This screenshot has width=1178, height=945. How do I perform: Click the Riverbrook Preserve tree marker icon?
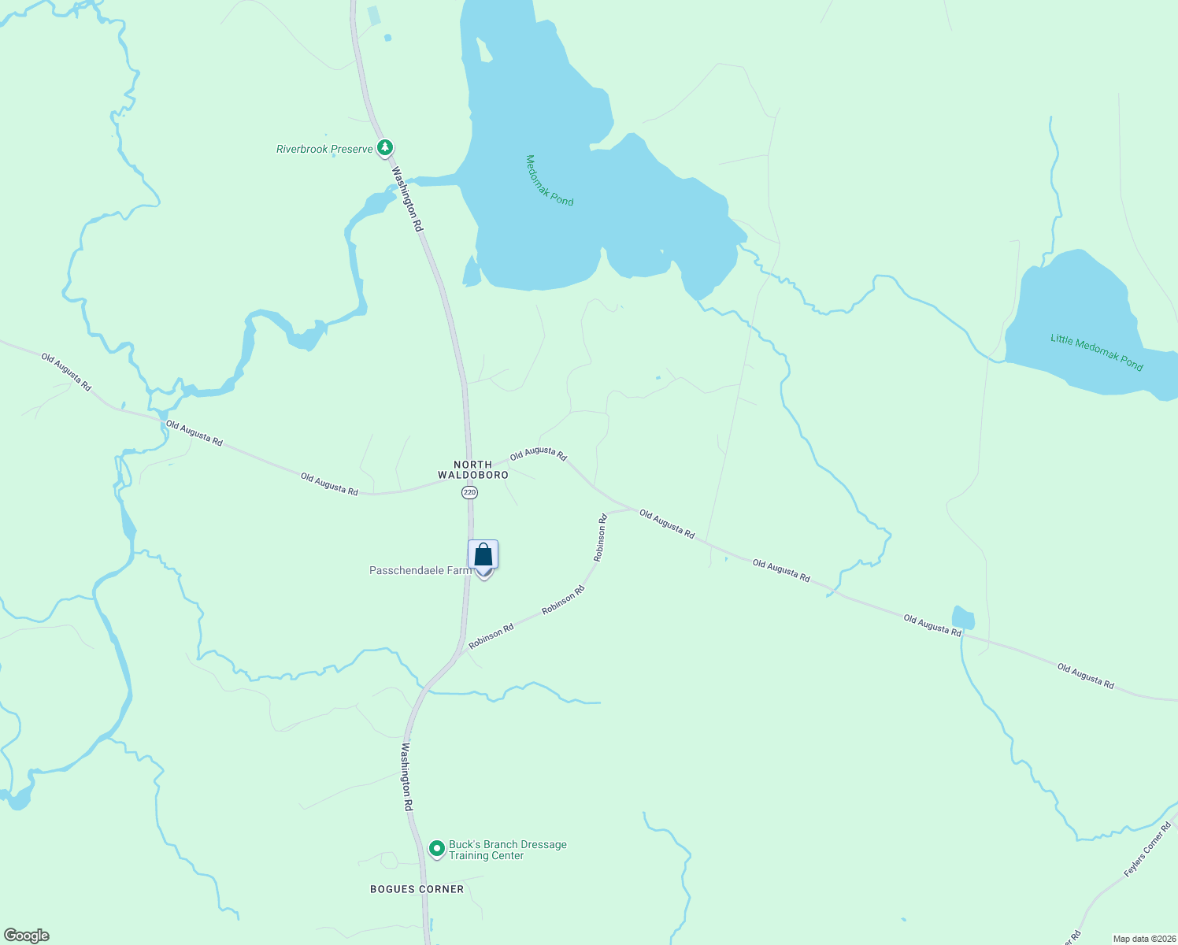click(385, 147)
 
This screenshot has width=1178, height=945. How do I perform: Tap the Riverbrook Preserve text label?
click(324, 149)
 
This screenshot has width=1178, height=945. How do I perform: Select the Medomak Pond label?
click(549, 180)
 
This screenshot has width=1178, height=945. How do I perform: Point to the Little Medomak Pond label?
click(1096, 352)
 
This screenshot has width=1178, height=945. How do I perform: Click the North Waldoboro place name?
click(473, 469)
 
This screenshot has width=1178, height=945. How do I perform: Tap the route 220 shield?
click(470, 492)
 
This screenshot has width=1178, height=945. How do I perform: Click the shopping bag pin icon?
click(483, 556)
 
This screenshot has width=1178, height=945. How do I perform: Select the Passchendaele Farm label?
click(420, 570)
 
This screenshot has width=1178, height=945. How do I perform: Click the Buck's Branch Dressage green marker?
click(436, 849)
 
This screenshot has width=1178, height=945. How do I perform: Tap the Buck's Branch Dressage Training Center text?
click(507, 850)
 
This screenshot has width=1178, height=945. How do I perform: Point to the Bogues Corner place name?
click(417, 889)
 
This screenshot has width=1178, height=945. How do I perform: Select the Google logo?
click(26, 936)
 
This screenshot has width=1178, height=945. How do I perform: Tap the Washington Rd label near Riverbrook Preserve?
click(407, 199)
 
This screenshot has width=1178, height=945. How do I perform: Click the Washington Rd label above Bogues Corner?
click(407, 776)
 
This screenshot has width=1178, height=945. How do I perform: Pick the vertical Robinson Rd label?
click(601, 537)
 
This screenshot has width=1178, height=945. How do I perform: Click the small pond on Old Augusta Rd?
click(963, 617)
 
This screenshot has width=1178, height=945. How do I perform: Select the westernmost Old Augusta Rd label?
click(66, 372)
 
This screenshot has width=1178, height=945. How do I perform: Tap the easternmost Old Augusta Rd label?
click(1085, 676)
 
